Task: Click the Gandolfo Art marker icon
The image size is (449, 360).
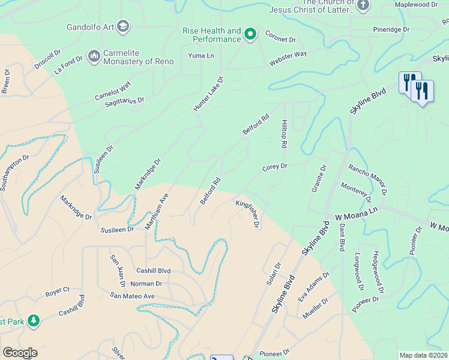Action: tap(123, 26)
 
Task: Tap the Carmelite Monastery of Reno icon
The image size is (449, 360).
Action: tap(94, 56)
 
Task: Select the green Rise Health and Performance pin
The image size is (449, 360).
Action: tap(251, 35)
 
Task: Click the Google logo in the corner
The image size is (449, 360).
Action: tap(20, 353)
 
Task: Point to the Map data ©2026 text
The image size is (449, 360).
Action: tap(423, 355)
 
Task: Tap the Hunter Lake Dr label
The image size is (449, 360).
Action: tap(208, 94)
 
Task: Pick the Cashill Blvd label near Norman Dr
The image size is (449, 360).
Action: tap(153, 271)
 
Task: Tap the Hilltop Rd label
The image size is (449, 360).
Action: tap(284, 133)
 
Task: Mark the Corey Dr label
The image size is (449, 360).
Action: tap(275, 167)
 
